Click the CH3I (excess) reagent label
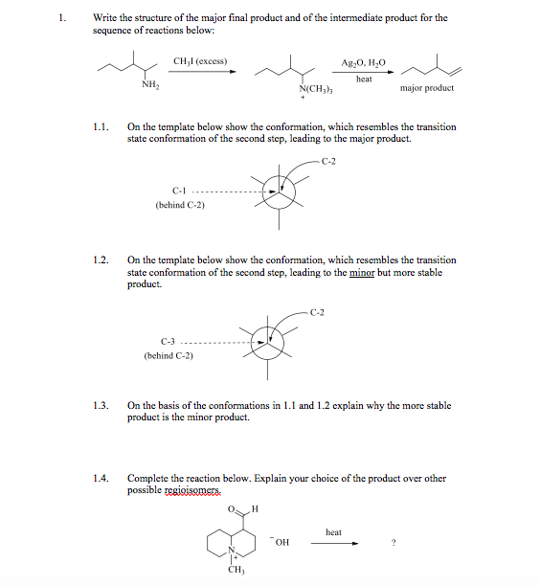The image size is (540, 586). pos(200,61)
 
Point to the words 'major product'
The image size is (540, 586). pos(428,88)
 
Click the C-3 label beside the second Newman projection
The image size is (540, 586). pos(169,342)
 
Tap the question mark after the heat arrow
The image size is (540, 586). pos(394,544)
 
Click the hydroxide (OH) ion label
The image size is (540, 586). pos(280,543)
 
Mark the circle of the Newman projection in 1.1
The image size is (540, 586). pos(280,192)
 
